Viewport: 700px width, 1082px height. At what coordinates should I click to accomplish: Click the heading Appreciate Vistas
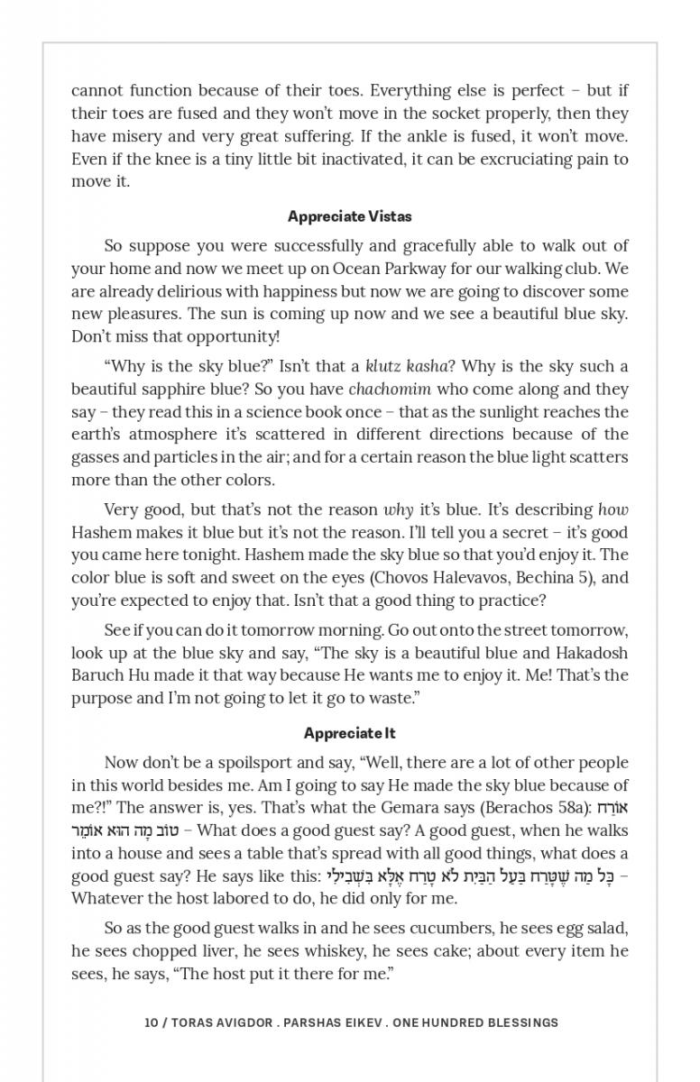349,216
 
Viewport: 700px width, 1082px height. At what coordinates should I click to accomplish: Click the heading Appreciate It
349,733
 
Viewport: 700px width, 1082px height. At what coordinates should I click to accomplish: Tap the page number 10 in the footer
151,1022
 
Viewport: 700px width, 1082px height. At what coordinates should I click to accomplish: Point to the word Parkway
423,269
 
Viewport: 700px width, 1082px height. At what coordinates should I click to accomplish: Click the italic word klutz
385,366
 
